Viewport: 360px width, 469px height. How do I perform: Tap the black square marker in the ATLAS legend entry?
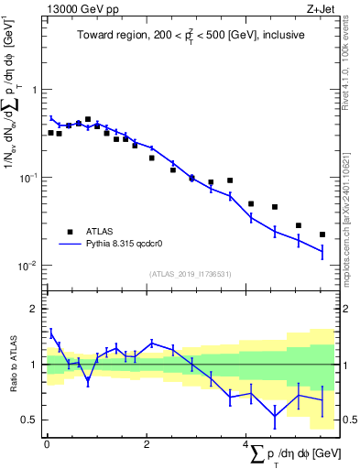(x=69, y=232)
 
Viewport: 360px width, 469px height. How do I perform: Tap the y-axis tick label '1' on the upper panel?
(x=35, y=90)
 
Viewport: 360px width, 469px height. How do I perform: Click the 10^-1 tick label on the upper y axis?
(x=30, y=177)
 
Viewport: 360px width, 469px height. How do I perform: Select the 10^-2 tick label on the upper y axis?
(x=30, y=265)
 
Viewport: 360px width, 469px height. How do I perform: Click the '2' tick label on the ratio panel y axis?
(x=35, y=309)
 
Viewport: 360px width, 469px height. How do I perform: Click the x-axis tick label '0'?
(x=47, y=444)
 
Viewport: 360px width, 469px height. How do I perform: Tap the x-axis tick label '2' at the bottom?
(x=147, y=444)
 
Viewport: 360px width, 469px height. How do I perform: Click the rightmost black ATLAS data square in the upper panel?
(x=322, y=234)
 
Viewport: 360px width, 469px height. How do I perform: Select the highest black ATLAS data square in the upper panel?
(x=88, y=119)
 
